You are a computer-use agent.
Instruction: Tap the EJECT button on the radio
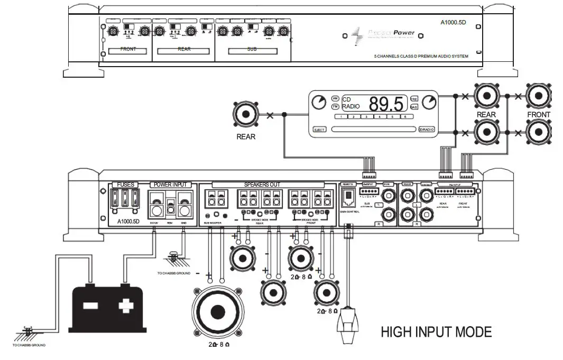click(319, 130)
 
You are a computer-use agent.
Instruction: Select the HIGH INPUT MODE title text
click(436, 332)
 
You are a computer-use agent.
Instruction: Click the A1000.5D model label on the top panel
click(454, 23)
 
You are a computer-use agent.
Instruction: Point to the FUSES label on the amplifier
click(125, 184)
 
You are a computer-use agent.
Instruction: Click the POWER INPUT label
click(170, 184)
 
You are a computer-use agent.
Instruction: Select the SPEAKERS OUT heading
click(263, 184)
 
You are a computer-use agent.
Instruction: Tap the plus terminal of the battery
click(125, 305)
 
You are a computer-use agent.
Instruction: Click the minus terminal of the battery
click(90, 305)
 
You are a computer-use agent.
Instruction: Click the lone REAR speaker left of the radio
click(246, 115)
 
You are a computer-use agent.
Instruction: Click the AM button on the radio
click(335, 99)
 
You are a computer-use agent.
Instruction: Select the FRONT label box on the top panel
click(128, 50)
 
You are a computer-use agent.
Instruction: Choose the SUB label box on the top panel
click(251, 50)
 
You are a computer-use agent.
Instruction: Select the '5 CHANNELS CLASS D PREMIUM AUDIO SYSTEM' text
click(421, 56)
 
